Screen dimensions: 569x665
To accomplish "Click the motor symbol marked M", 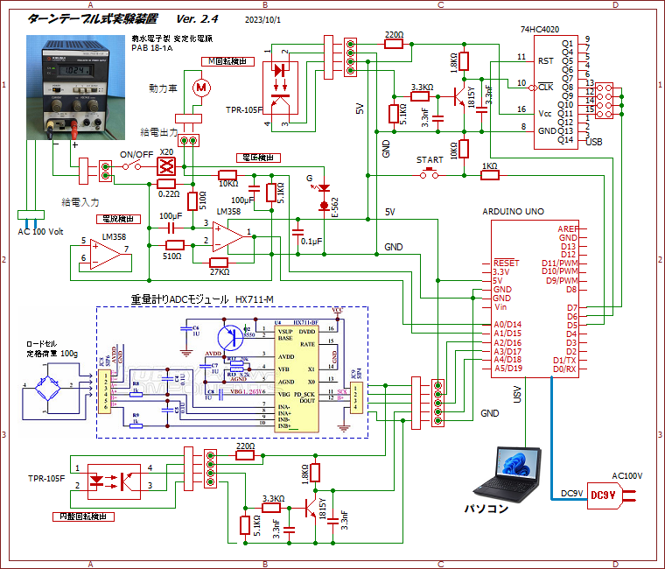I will [201, 86].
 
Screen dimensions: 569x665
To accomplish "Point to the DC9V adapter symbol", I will [605, 495].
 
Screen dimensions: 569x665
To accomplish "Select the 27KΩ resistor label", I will [219, 272].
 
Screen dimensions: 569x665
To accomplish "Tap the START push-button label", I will [430, 160].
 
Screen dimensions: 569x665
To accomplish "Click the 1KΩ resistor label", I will [489, 165].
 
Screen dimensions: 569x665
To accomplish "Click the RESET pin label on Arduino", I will [506, 263].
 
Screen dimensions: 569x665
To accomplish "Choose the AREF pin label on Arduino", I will [567, 228].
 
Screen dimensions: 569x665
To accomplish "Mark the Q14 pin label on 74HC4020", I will [567, 140].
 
